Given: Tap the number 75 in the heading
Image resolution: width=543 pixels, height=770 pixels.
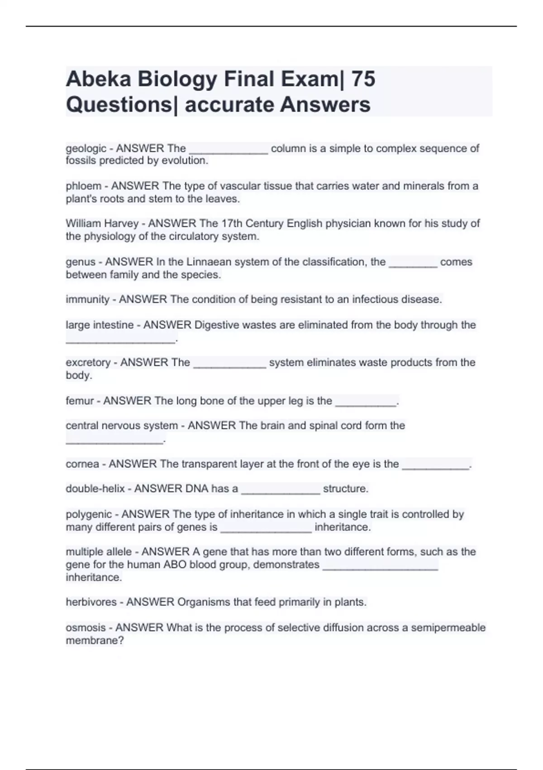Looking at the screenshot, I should [x=363, y=79].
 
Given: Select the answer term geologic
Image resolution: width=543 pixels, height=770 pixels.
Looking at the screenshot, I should [x=86, y=149].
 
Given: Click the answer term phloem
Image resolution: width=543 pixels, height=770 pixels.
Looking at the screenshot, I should [x=83, y=186].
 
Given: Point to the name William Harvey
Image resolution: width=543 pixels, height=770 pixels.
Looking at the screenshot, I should [x=102, y=224].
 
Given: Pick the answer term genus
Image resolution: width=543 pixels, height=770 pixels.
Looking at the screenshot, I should [x=81, y=262].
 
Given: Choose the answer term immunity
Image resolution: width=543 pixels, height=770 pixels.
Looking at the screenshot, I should [x=87, y=299].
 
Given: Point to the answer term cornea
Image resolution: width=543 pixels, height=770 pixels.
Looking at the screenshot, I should [x=82, y=464].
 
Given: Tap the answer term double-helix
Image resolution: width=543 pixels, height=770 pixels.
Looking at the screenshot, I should [x=95, y=489].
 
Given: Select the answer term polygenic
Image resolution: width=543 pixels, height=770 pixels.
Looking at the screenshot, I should [x=88, y=515].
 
